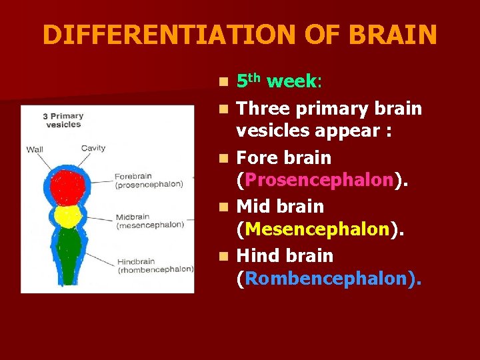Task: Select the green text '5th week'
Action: [x=278, y=82]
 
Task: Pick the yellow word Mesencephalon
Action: [x=317, y=230]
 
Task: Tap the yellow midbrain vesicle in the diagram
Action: [x=68, y=217]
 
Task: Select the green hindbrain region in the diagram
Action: [x=68, y=250]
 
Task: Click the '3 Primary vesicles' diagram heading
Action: [x=63, y=120]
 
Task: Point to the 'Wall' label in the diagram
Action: [x=35, y=149]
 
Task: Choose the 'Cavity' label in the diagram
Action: [x=93, y=148]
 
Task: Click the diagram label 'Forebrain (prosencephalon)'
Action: [x=149, y=180]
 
